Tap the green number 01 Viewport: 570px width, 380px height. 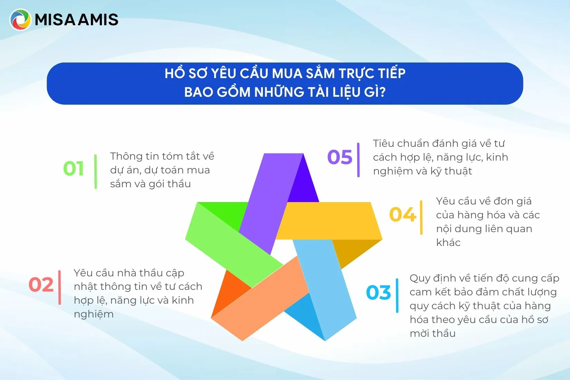tap(74, 169)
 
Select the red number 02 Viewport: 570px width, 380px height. tap(41, 285)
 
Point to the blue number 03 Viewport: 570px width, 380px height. tap(378, 293)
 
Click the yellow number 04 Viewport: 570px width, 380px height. tap(402, 215)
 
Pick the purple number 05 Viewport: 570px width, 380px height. tap(340, 157)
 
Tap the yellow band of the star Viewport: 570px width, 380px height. tap(328, 220)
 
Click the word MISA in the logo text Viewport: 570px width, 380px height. tap(55, 20)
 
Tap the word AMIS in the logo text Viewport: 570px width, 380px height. tap(98, 20)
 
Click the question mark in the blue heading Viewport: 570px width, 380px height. tap(382, 92)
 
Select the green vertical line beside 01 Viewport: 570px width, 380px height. tap(96, 171)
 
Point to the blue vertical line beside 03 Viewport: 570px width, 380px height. tap(397, 295)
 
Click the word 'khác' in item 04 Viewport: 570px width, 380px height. tap(448, 243)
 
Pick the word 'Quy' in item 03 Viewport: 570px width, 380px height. tap(419, 278)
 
